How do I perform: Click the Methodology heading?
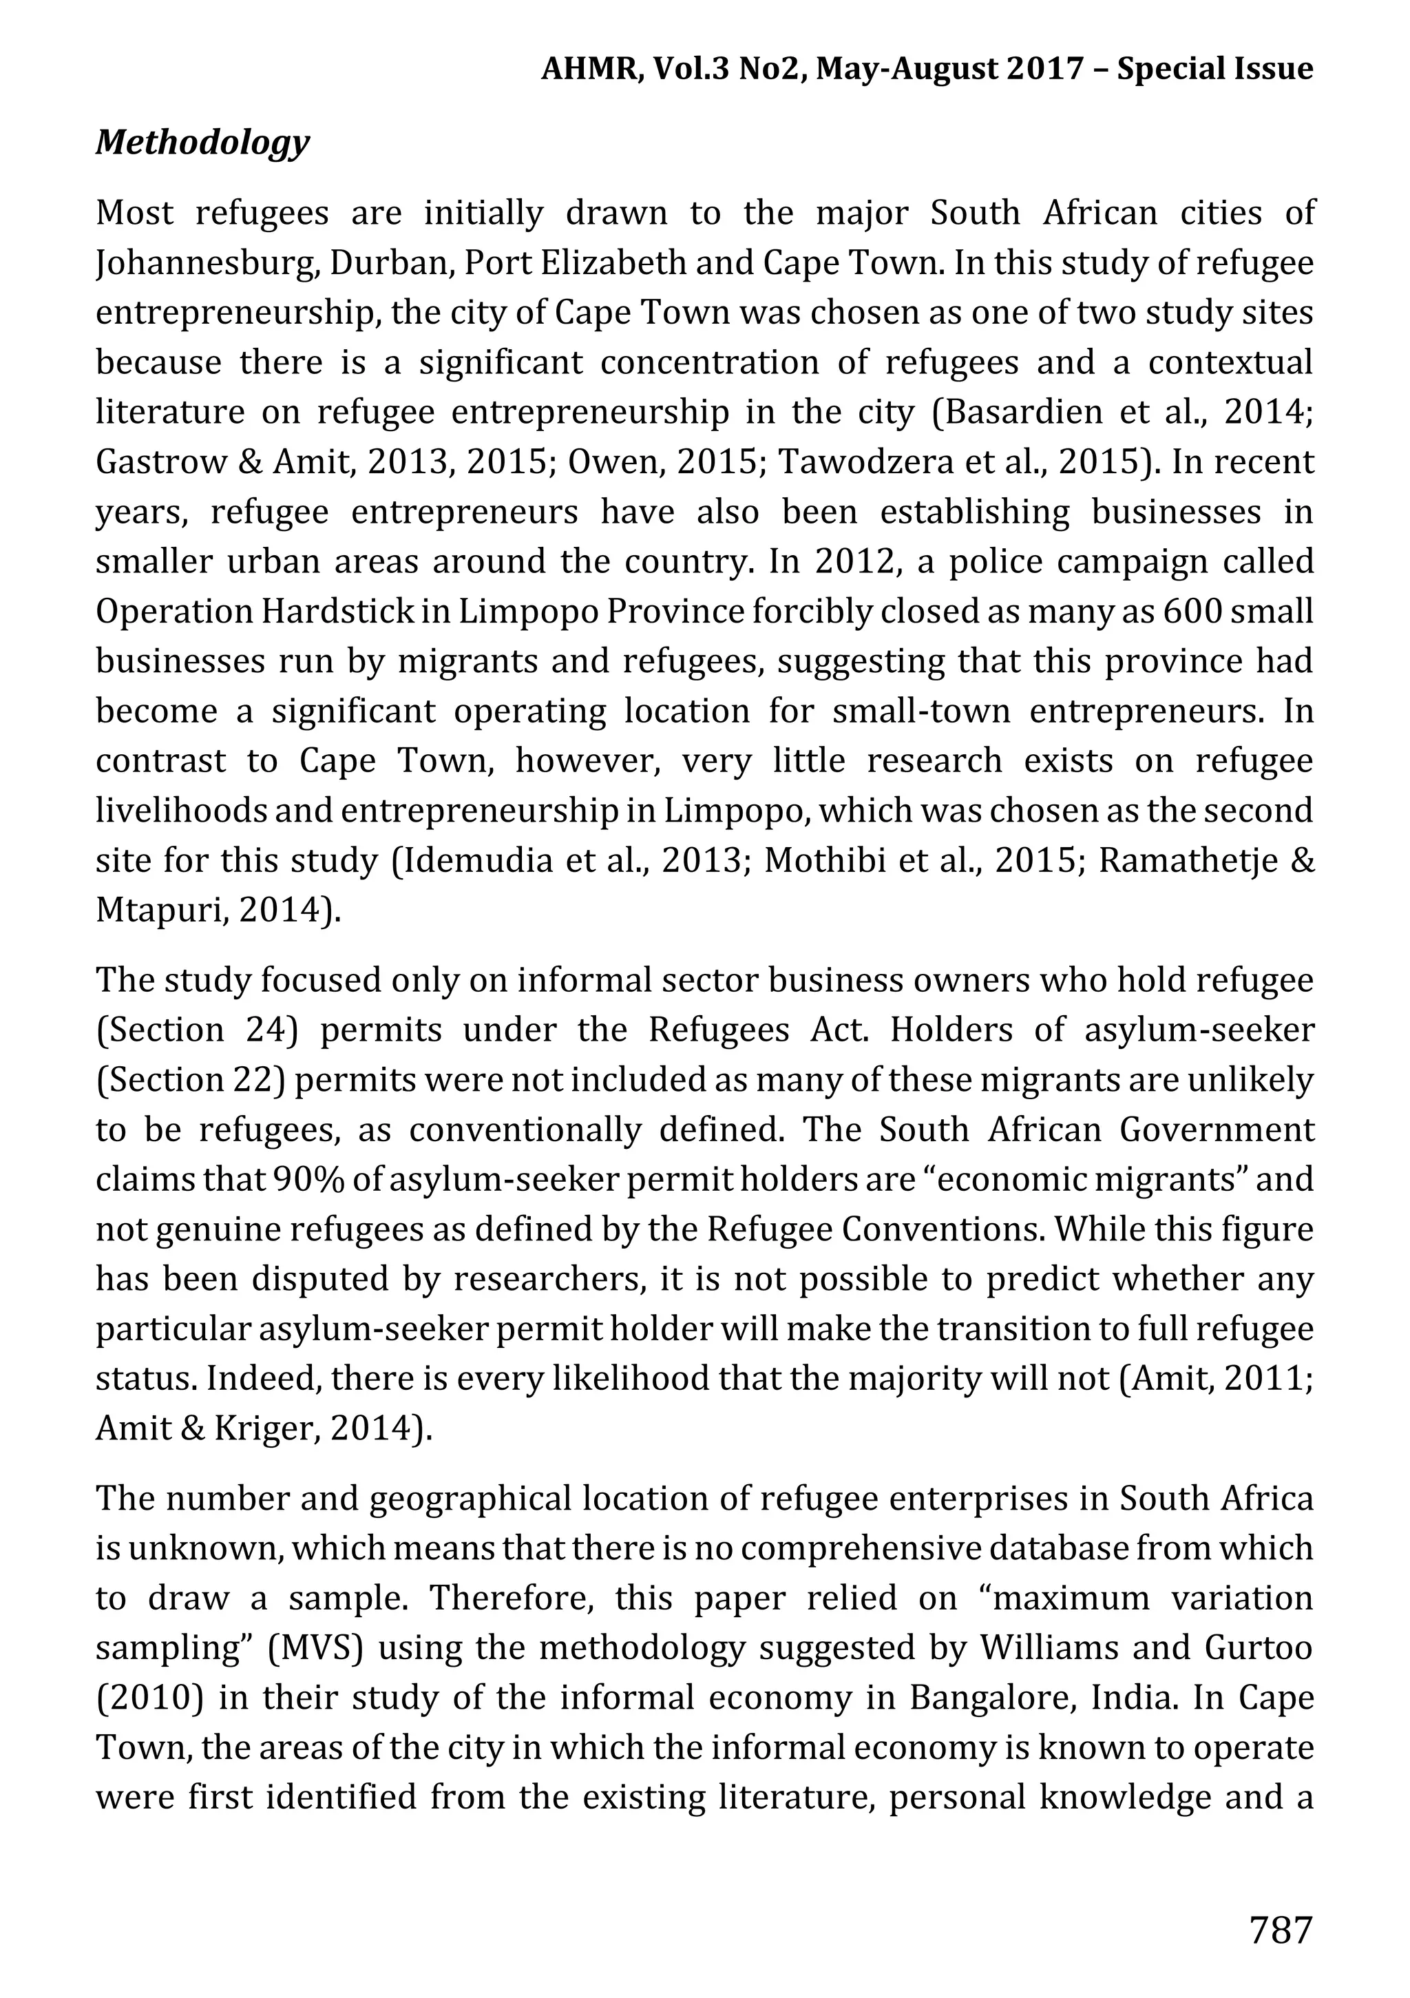point(202,143)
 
